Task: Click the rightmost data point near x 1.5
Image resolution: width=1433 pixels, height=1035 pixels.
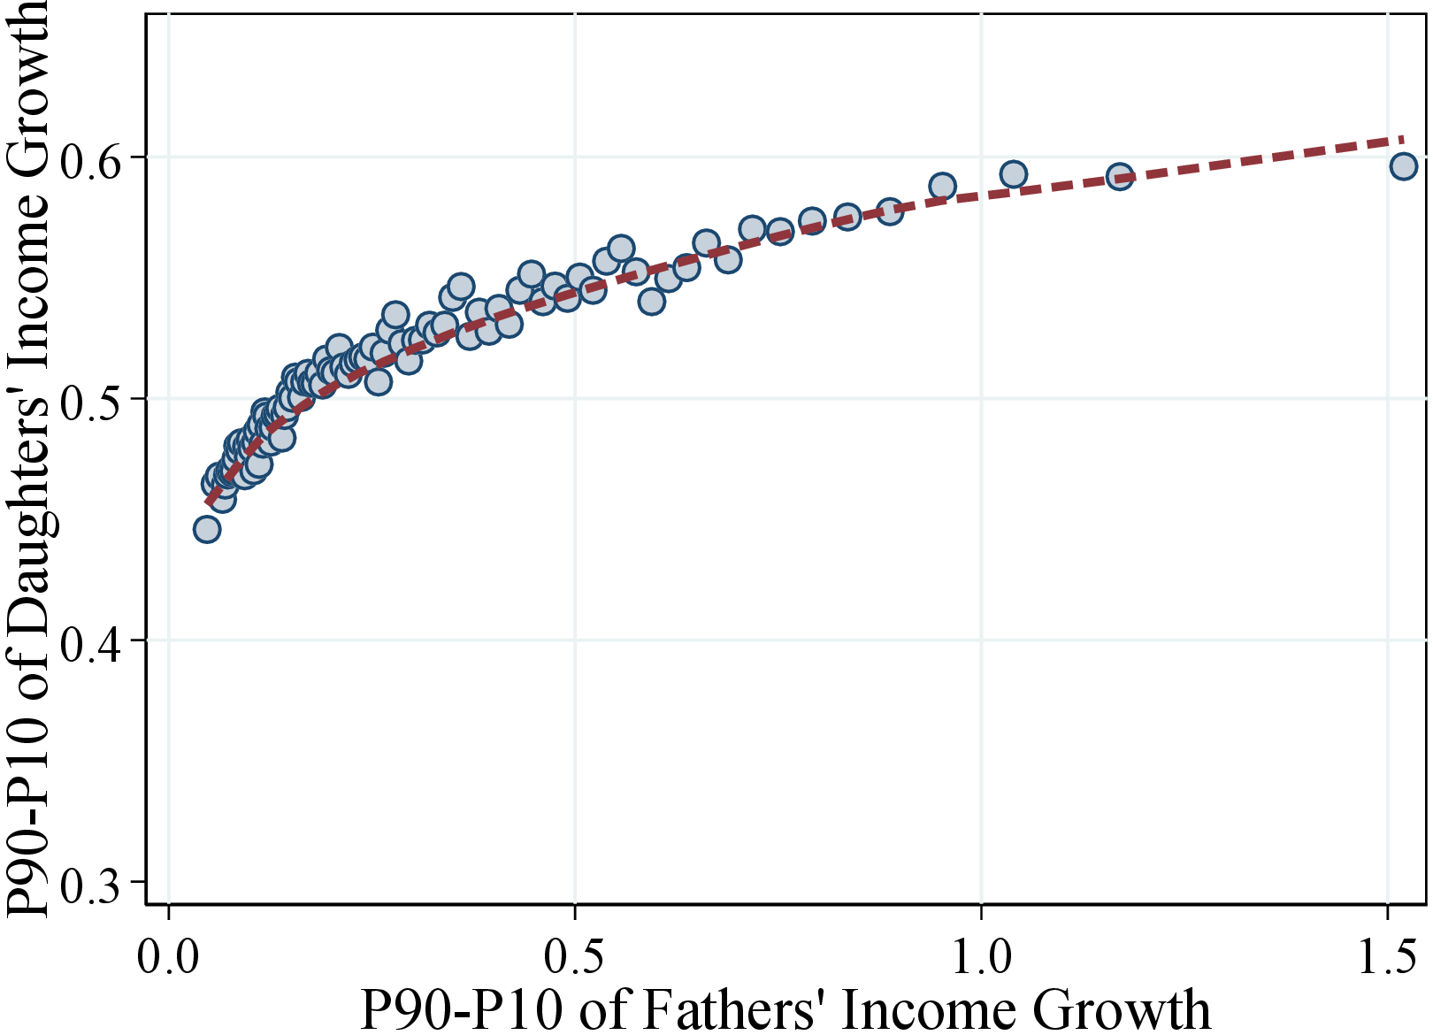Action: coord(1403,166)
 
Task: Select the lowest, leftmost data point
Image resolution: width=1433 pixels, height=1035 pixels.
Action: coord(207,530)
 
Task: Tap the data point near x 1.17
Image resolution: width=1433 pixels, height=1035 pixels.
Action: coord(1120,176)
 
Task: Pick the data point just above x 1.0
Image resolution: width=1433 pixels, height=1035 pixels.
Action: coord(1014,174)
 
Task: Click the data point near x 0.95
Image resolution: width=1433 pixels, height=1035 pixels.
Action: coord(943,187)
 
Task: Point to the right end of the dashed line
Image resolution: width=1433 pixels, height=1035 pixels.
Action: coord(1402,139)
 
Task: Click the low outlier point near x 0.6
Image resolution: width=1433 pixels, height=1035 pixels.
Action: coord(651,302)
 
